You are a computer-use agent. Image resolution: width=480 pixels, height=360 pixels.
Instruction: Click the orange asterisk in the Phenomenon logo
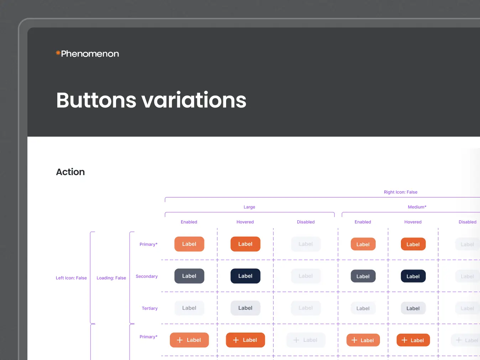[x=58, y=53]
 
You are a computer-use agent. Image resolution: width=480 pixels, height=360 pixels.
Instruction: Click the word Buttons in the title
[x=96, y=100]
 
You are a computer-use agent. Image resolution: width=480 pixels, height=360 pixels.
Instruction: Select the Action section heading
[x=71, y=172]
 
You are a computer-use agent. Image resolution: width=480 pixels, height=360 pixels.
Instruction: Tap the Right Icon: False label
[x=400, y=192]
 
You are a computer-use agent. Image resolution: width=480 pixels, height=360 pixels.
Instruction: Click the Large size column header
[x=249, y=207]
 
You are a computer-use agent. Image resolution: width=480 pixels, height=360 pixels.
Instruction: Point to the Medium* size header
[x=417, y=207]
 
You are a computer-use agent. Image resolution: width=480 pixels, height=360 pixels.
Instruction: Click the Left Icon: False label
[x=71, y=278]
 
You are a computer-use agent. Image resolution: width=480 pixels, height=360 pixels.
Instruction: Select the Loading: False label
[x=111, y=278]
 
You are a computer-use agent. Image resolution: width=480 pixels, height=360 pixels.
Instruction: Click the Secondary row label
[x=146, y=276]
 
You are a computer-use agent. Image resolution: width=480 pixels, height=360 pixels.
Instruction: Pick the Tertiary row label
[x=150, y=308]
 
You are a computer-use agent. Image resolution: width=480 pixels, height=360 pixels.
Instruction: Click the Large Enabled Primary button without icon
[x=189, y=244]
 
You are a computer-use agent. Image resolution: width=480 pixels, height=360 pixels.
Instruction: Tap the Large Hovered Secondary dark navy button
[x=245, y=276]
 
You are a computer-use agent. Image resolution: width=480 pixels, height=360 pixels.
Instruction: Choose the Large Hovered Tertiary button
[x=245, y=308]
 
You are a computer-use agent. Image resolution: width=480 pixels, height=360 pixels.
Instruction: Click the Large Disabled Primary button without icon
[x=306, y=244]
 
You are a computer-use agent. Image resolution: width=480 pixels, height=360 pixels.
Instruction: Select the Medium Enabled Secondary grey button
[x=363, y=276]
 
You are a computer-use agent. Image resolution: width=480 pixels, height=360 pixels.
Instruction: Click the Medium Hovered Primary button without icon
[x=413, y=244]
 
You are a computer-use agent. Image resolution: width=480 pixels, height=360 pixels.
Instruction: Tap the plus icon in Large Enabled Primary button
[x=180, y=340]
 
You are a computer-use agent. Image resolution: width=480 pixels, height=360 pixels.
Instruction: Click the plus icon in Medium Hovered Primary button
[x=404, y=340]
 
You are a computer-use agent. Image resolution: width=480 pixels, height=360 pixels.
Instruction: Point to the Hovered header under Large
[x=245, y=222]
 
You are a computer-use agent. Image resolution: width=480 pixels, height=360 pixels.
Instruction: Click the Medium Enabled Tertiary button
[x=363, y=308]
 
